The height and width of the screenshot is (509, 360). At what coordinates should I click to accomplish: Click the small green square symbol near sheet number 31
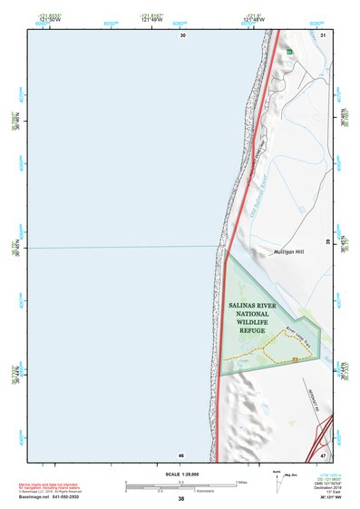289,53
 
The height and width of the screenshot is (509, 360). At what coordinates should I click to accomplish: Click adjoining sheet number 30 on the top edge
182,34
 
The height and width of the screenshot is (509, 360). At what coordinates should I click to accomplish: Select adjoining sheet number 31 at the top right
324,34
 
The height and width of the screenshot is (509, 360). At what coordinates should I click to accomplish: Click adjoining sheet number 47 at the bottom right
324,455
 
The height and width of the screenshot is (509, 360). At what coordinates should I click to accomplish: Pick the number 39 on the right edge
327,243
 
